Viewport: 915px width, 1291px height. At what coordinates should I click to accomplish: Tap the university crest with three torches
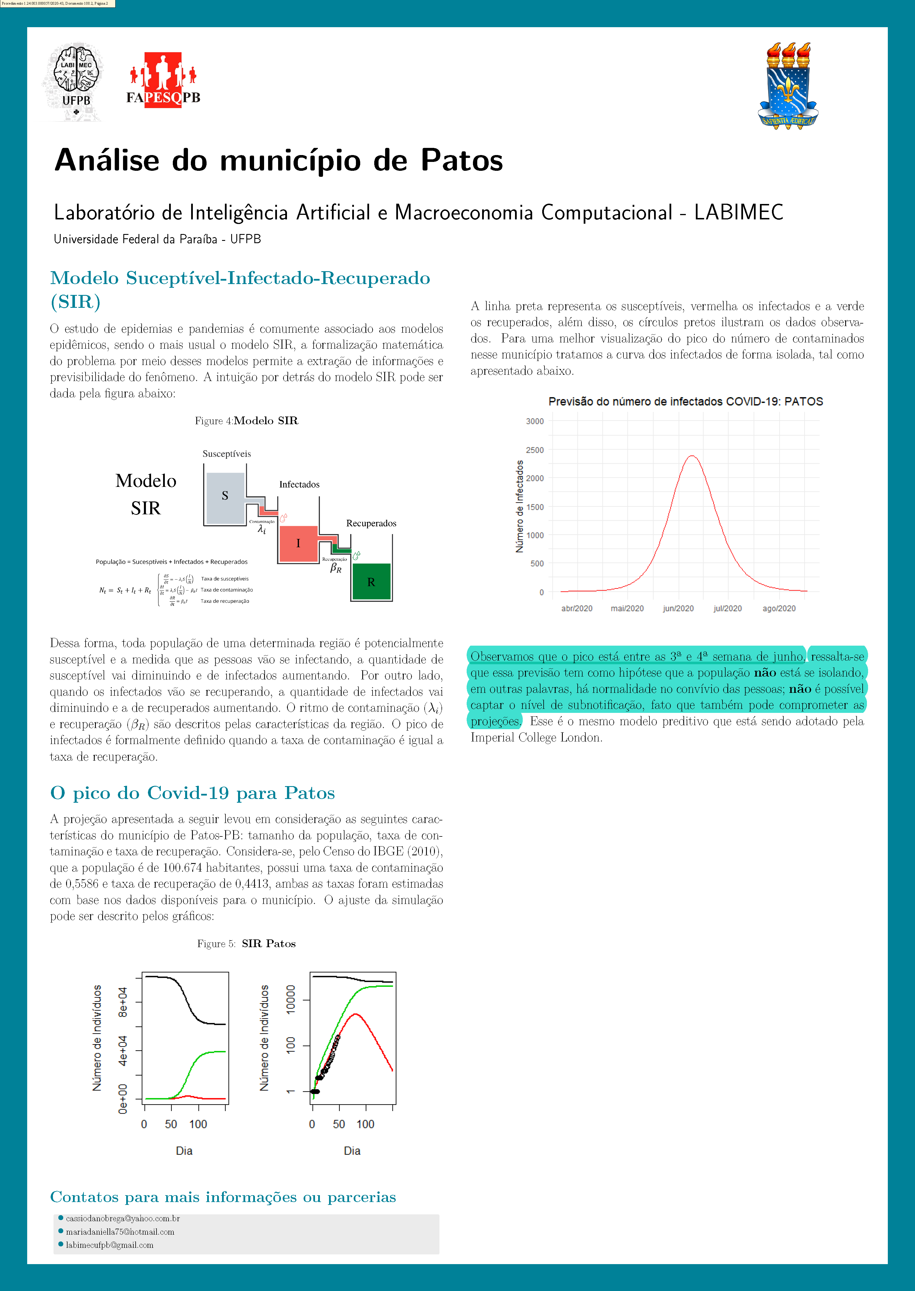pyautogui.click(x=788, y=86)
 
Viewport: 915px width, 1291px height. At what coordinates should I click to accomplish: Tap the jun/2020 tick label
pyautogui.click(x=678, y=608)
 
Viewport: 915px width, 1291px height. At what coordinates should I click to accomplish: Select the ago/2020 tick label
pyautogui.click(x=779, y=608)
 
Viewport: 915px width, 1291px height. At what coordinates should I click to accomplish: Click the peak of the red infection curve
pyautogui.click(x=692, y=456)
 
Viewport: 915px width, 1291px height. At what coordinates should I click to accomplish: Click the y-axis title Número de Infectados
pyautogui.click(x=520, y=506)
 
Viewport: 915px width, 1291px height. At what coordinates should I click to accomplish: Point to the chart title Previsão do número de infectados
pyautogui.click(x=685, y=402)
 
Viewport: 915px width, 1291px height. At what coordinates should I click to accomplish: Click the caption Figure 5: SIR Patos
pyautogui.click(x=246, y=943)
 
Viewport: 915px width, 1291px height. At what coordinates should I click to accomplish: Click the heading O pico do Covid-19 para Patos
pyautogui.click(x=192, y=793)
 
